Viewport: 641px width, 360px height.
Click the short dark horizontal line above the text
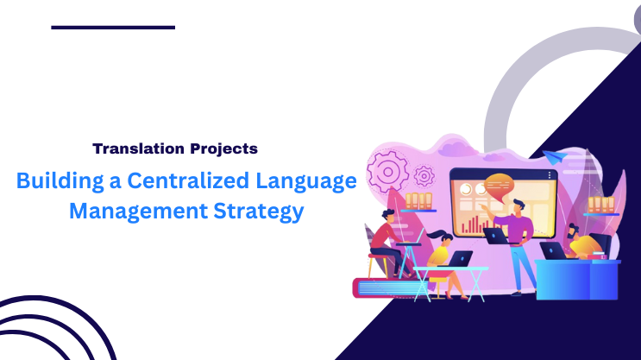[x=113, y=28]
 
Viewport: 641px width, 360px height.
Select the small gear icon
[x=424, y=177]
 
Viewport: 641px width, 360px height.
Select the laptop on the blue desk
[x=553, y=251]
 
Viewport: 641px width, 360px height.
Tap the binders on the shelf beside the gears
[x=418, y=201]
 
